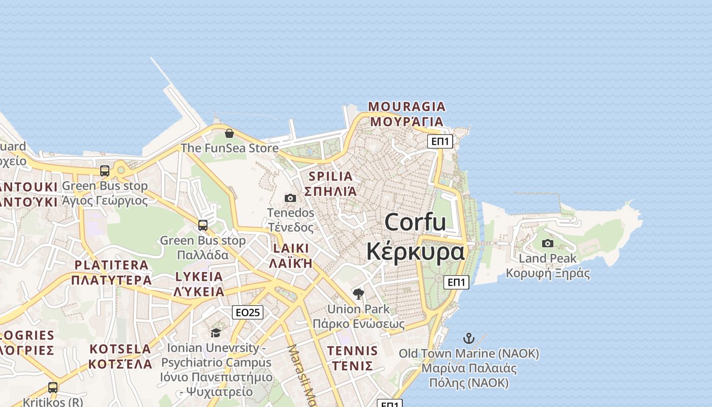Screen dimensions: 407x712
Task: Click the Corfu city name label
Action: point(416,237)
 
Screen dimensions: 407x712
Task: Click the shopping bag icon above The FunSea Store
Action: point(229,133)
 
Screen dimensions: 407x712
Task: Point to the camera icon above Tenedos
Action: point(290,198)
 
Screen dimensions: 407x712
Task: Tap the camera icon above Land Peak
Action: point(548,243)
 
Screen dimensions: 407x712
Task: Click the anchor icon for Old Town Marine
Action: point(468,338)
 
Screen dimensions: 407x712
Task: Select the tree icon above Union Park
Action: point(359,294)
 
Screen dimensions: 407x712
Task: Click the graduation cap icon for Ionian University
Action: point(216,333)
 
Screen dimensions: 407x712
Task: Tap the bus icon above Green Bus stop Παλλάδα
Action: point(203,225)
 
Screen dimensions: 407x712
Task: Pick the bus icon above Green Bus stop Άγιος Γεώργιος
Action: point(105,171)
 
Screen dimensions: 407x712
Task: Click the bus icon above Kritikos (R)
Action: point(53,387)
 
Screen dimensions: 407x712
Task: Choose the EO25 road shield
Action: point(248,312)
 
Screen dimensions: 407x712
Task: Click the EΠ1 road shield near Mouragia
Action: point(439,141)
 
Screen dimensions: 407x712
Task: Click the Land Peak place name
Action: point(548,258)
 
